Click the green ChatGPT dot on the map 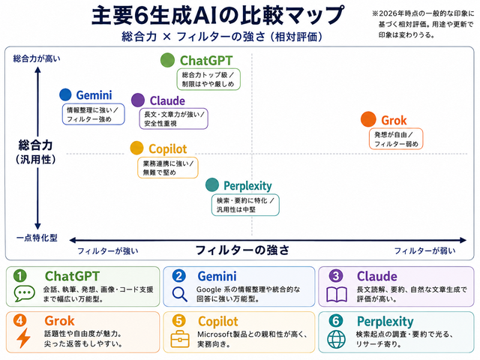(x=167, y=60)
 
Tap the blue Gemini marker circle (x=65, y=94)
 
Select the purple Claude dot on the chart (x=138, y=100)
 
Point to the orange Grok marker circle (x=368, y=119)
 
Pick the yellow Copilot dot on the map (x=136, y=148)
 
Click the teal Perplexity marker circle (x=212, y=184)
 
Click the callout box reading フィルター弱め (x=396, y=139)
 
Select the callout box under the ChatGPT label (x=208, y=79)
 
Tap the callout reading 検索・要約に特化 (x=245, y=205)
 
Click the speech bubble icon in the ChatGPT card (x=24, y=293)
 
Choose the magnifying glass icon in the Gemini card (x=179, y=294)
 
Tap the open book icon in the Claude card (x=337, y=295)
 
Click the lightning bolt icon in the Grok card (x=23, y=338)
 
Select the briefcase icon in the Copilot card (x=180, y=339)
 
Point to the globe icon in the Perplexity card (x=336, y=339)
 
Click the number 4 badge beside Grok (x=19, y=320)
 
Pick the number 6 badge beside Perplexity (x=336, y=320)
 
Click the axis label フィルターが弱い (x=424, y=251)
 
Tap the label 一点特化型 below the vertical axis (x=37, y=238)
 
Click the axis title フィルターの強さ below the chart (x=242, y=250)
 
